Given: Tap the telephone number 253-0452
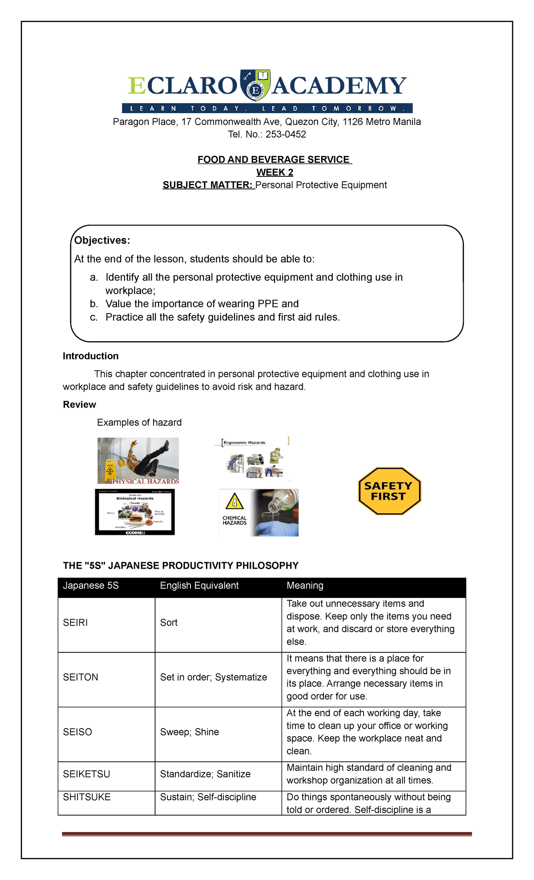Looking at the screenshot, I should point(286,134).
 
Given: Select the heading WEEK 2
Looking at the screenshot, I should point(275,172).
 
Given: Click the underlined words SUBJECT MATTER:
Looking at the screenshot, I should point(208,185).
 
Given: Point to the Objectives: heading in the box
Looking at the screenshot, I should point(102,240).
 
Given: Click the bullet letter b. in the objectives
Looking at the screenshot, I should point(93,304).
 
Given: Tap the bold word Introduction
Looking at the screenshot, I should point(90,356).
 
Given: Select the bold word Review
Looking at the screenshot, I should point(79,405).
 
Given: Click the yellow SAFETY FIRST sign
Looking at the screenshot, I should point(389,491).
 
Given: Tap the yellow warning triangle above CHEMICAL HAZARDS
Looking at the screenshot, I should point(234,503).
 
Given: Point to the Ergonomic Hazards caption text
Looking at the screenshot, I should point(244,443).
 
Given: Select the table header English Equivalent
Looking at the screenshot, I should point(199,586).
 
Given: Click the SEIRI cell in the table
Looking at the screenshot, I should point(75,623).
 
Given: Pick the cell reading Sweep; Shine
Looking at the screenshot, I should point(189,732).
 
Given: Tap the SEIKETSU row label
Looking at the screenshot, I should point(86,774).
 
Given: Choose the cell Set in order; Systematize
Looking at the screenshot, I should point(213,677).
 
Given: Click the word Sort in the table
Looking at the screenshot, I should point(169,623).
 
